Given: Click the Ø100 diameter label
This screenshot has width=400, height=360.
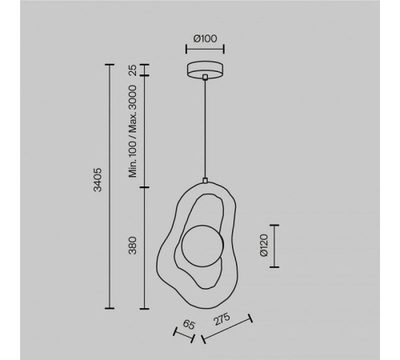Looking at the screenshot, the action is (x=205, y=38).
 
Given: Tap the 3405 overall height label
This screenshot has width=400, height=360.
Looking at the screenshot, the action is (x=98, y=179).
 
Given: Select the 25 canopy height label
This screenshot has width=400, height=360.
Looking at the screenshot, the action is (x=133, y=70).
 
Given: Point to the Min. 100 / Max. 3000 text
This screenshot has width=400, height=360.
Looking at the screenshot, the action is (x=133, y=131).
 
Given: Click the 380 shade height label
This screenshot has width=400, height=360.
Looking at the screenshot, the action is (x=133, y=245).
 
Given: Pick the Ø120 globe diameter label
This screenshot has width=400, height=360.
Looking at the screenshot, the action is (x=263, y=245).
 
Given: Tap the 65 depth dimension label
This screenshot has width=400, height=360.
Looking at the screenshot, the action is (x=189, y=325).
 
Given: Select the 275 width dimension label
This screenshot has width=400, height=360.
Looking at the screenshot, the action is (x=222, y=319).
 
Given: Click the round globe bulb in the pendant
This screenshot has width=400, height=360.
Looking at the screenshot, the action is (x=202, y=246).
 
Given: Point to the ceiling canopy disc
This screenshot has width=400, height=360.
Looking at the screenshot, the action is (x=205, y=70).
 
